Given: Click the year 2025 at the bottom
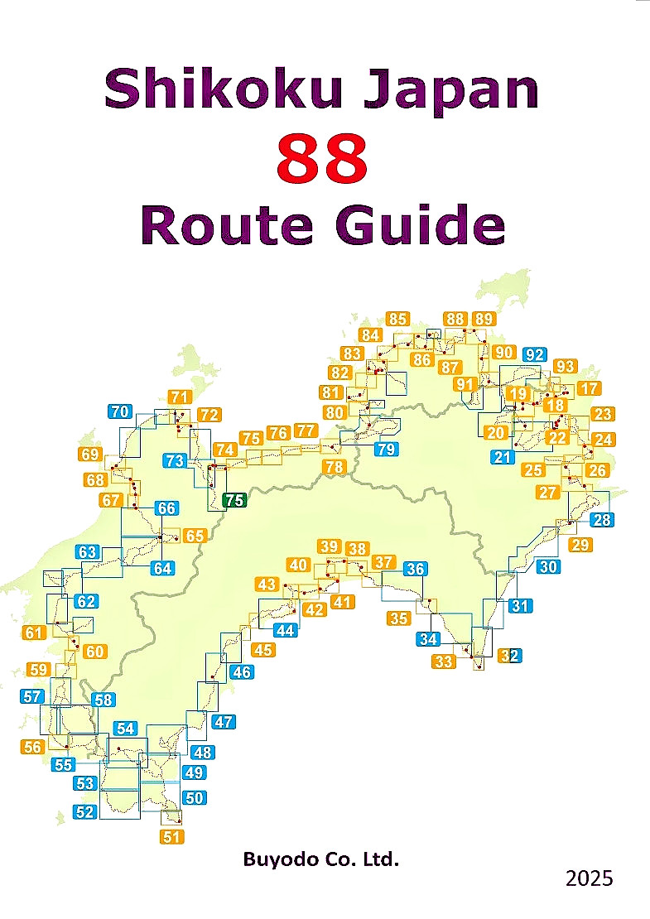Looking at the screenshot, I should [590, 878].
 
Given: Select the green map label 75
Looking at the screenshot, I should [235, 499].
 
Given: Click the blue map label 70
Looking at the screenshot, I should [120, 411].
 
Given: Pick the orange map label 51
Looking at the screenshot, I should [171, 836].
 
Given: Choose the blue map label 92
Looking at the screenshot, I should [535, 355].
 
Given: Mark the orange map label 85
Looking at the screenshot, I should [397, 319].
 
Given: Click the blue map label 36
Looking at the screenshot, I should [416, 569].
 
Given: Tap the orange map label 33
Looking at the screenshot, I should [444, 661].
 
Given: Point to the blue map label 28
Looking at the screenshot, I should [602, 520].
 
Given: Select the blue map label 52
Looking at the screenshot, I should [84, 812].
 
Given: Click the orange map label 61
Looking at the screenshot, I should [34, 633].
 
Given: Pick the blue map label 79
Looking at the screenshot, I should [386, 450].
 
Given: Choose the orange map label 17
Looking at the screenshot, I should [590, 388].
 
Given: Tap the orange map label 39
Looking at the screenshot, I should [330, 546].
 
